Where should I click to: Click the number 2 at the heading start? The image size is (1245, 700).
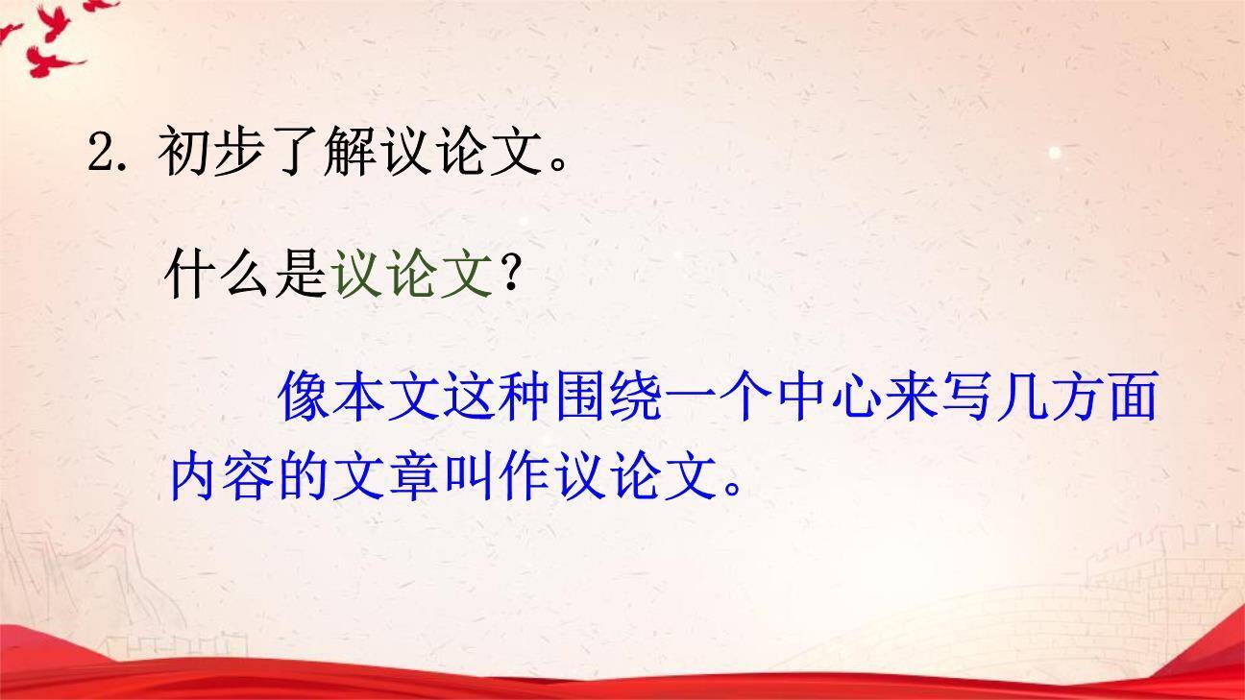pyautogui.click(x=102, y=152)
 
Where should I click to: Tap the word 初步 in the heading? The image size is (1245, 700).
pyautogui.click(x=212, y=152)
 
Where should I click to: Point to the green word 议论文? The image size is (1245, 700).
pyautogui.click(x=411, y=276)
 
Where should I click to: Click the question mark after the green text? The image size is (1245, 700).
pyautogui.click(x=512, y=277)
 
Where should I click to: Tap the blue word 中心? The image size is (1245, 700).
pyautogui.click(x=832, y=398)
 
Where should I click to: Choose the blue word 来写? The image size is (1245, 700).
pyautogui.click(x=943, y=398)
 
